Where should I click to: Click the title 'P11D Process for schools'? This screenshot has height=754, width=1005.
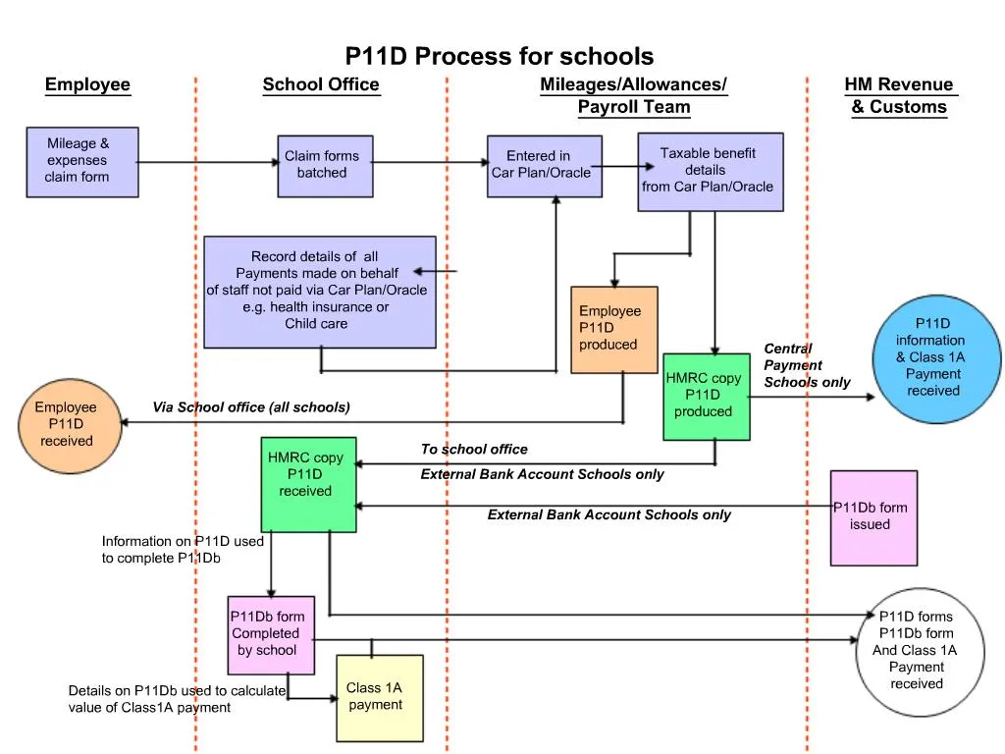click(499, 56)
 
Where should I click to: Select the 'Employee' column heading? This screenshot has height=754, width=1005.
click(87, 84)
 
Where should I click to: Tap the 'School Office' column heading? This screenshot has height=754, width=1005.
click(320, 84)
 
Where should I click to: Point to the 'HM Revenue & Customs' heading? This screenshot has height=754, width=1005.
click(899, 96)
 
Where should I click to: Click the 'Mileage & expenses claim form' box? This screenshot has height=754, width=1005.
click(82, 161)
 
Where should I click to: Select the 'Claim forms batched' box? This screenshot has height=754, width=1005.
click(324, 166)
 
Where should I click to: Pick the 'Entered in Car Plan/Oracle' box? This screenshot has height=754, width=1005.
click(544, 166)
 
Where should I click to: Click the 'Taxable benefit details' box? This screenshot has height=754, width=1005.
click(710, 172)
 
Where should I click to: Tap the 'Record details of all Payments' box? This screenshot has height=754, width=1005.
click(319, 292)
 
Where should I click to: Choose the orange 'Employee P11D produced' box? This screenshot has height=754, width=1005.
click(613, 329)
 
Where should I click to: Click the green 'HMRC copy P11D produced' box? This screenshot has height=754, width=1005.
click(706, 396)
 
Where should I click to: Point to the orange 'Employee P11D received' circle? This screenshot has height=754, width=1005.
click(67, 424)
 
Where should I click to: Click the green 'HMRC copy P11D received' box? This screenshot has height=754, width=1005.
click(308, 484)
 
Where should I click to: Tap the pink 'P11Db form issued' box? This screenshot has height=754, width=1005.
click(873, 517)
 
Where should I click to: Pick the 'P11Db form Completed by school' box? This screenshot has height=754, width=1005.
click(271, 634)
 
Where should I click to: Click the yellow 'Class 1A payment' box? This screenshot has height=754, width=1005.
click(380, 698)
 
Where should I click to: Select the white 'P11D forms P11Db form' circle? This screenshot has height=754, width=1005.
click(915, 650)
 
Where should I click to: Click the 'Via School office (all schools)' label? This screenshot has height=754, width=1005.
click(251, 406)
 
